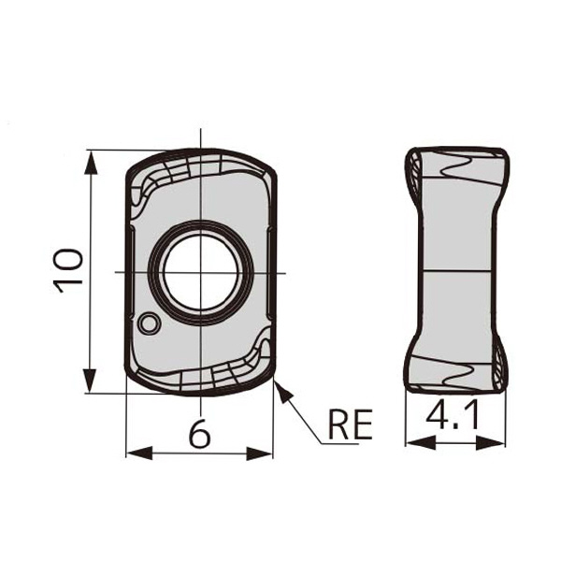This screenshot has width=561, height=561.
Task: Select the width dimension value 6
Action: [197, 433]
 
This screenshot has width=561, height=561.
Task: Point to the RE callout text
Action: [350, 425]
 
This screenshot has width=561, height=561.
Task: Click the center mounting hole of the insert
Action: [202, 271]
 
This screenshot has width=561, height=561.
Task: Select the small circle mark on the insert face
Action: [148, 324]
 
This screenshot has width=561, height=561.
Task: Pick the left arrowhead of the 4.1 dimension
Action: [413, 440]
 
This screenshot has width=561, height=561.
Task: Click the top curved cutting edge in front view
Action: [202, 152]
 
